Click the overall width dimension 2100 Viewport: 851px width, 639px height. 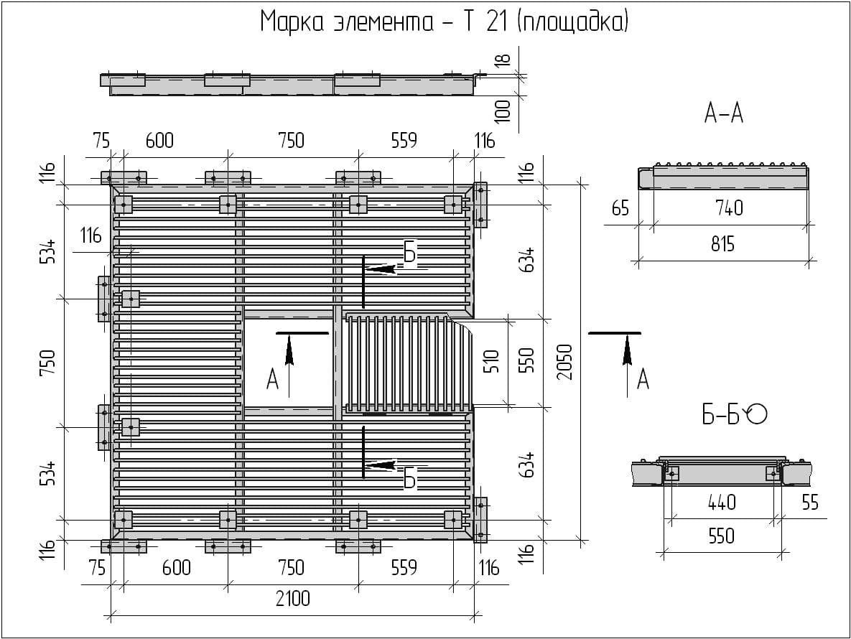click(x=292, y=597)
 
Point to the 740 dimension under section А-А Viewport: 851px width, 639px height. click(x=728, y=208)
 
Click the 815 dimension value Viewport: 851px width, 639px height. click(x=722, y=244)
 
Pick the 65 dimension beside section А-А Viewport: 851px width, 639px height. click(x=620, y=208)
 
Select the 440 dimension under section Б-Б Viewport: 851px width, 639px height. click(x=721, y=502)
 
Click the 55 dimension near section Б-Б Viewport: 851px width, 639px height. click(x=809, y=502)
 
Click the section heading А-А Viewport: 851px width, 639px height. click(x=723, y=113)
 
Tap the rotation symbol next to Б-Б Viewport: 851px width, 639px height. click(x=757, y=414)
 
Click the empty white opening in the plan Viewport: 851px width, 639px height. click(x=288, y=363)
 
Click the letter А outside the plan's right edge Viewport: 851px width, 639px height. click(x=642, y=378)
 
